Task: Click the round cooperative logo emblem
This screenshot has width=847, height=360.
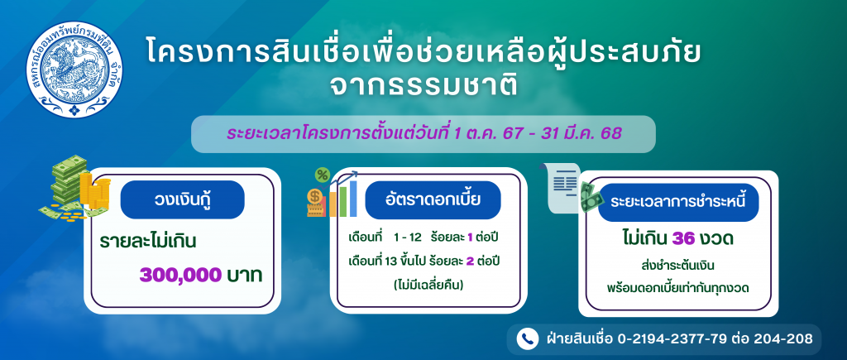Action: click(x=74, y=70)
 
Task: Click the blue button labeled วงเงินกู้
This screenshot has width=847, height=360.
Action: click(x=182, y=199)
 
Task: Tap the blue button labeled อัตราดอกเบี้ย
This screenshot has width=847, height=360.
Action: click(x=433, y=200)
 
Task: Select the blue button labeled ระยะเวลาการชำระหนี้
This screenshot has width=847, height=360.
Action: click(x=678, y=202)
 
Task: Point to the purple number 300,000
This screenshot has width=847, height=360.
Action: click(x=180, y=276)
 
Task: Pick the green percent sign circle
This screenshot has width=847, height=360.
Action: click(x=323, y=175)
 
